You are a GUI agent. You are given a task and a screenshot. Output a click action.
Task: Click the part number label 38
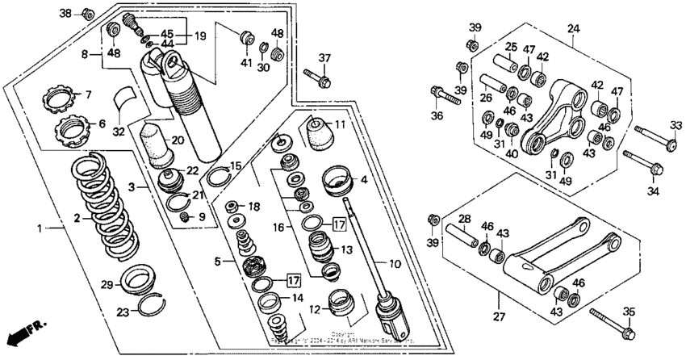pos(66,13)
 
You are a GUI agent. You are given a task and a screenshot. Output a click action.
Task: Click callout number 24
pos(574,29)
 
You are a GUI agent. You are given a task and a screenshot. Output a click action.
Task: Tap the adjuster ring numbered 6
pos(69,127)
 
